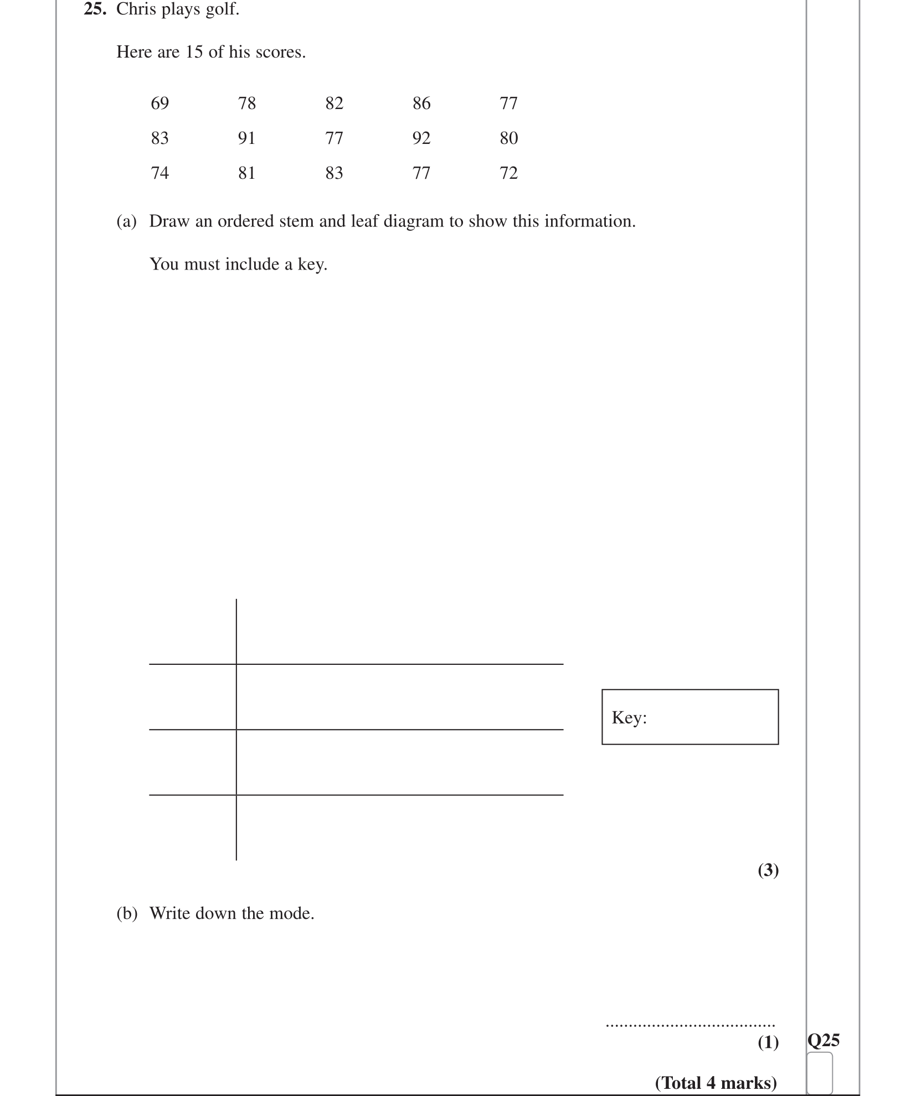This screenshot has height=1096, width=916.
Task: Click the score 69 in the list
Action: (159, 104)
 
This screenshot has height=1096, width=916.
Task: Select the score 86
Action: (421, 104)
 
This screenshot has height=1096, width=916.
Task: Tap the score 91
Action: (246, 138)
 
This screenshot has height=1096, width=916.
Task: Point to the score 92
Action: (421, 138)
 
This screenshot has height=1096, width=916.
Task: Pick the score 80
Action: (508, 138)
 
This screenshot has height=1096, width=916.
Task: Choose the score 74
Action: (159, 173)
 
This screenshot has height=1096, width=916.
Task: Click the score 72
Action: (508, 173)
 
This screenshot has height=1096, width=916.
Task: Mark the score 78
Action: (246, 104)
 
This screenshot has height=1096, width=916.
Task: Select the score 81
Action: (246, 173)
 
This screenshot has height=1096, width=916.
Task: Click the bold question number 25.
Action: (95, 9)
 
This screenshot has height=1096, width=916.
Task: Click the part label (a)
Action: (126, 221)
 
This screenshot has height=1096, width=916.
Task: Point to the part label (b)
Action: (126, 913)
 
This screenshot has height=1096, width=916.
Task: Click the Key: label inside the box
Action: (629, 718)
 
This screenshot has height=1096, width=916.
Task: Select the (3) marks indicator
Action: (768, 871)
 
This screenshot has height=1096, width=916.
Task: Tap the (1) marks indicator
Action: (768, 1043)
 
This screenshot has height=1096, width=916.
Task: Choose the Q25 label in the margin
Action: (824, 1041)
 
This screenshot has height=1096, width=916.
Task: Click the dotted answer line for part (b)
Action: (690, 1026)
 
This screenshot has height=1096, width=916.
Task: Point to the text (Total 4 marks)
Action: (716, 1083)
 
